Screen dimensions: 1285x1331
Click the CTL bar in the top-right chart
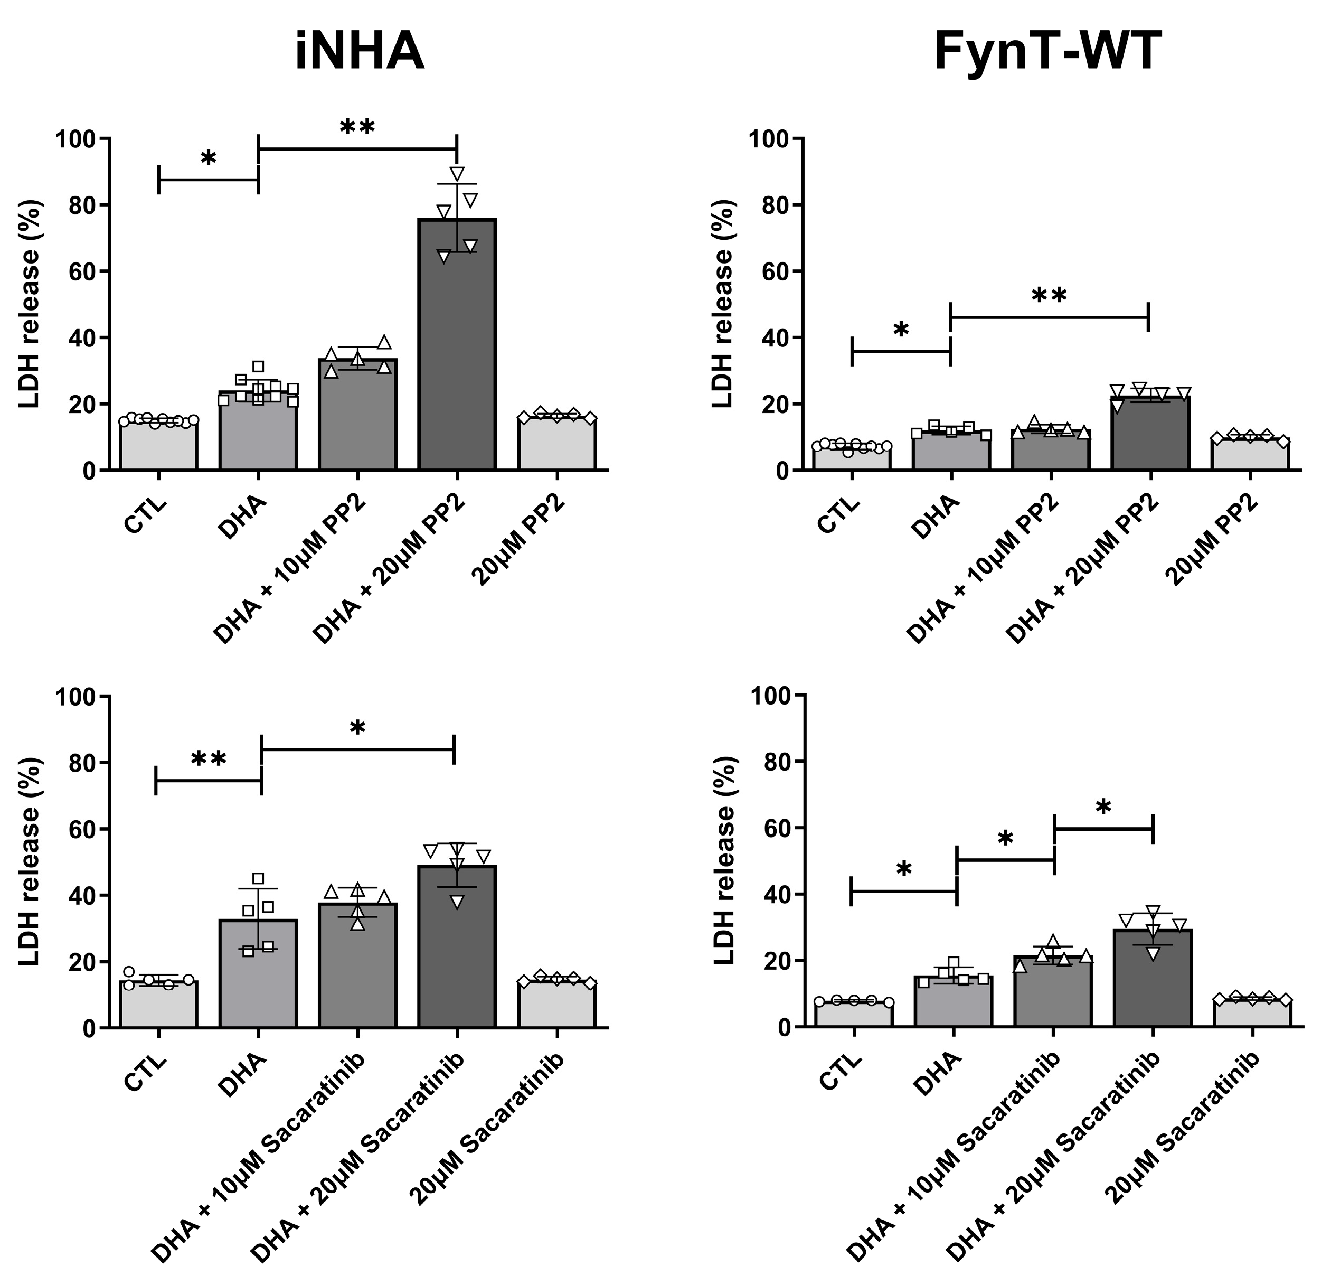[852, 458]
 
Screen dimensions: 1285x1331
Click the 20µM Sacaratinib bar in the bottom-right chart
[1252, 1012]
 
